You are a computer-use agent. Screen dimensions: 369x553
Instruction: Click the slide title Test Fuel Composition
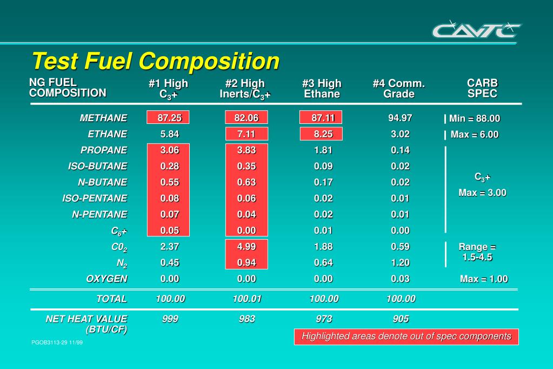(x=156, y=61)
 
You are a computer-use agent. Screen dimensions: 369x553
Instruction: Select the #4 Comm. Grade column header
(x=399, y=89)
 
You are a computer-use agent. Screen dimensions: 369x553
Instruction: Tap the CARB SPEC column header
(x=482, y=89)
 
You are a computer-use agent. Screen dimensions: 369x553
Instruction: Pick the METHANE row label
(x=103, y=118)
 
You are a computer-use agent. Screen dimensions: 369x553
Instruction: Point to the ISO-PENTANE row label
(x=95, y=198)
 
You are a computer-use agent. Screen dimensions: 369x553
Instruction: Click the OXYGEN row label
(x=106, y=279)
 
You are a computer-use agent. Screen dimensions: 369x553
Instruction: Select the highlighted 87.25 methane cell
(x=169, y=118)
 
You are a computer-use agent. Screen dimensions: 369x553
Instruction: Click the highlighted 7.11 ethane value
(x=246, y=134)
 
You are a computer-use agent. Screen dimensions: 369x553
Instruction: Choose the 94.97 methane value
(x=400, y=118)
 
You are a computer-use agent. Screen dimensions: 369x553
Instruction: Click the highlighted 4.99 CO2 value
(x=246, y=247)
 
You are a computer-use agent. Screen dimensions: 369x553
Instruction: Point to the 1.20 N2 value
(x=400, y=262)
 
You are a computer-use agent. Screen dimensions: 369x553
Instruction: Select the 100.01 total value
(x=246, y=299)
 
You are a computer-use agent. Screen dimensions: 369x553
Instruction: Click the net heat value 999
(x=170, y=319)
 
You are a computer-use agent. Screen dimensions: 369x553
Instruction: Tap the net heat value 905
(x=401, y=319)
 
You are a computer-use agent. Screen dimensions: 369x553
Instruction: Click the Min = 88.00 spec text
(x=475, y=118)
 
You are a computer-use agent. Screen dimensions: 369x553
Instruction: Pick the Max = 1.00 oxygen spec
(x=484, y=279)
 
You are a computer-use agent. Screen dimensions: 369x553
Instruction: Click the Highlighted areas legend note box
(x=406, y=337)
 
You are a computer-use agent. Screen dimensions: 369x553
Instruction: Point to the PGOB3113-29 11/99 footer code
(x=57, y=342)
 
